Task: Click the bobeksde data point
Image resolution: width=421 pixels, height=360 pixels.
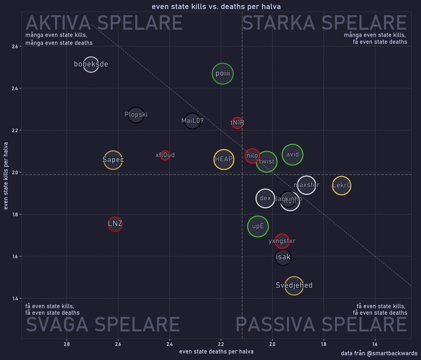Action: click(91, 64)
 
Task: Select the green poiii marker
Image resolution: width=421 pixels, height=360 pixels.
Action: click(223, 74)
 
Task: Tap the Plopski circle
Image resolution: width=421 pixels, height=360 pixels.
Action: click(136, 115)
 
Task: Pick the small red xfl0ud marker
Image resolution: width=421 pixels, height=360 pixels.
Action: click(165, 155)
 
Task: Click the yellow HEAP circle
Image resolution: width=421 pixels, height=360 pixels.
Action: click(224, 159)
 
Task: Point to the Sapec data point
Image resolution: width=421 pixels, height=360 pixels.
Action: click(113, 160)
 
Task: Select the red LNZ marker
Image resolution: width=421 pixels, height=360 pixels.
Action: click(115, 224)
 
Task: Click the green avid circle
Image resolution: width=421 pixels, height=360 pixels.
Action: click(292, 155)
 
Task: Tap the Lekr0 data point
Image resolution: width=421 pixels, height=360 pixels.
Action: click(341, 186)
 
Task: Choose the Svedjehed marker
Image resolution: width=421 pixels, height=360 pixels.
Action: click(294, 285)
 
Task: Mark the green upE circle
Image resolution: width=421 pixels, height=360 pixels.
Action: click(258, 226)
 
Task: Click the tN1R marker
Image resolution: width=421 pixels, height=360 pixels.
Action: click(237, 123)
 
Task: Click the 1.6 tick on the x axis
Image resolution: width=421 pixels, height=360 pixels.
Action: click(375, 344)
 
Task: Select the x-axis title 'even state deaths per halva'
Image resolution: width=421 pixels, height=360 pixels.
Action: click(216, 351)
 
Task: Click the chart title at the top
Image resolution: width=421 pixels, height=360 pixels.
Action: click(216, 7)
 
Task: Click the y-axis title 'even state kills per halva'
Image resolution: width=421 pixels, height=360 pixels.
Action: click(6, 180)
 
